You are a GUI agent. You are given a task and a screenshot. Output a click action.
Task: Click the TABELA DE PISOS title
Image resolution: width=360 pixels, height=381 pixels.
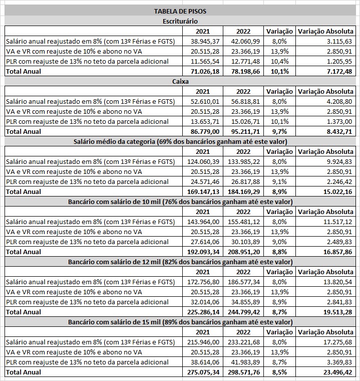click(180, 11)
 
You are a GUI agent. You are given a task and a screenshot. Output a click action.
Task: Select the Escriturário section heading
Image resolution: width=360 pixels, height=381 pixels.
click(180, 21)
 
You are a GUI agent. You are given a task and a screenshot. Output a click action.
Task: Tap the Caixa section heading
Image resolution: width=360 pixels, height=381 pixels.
click(180, 81)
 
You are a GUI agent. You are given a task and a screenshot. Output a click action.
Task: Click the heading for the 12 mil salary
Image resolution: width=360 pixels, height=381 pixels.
click(180, 262)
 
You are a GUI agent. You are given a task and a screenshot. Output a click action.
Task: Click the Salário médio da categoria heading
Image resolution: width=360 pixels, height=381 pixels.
click(180, 141)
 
